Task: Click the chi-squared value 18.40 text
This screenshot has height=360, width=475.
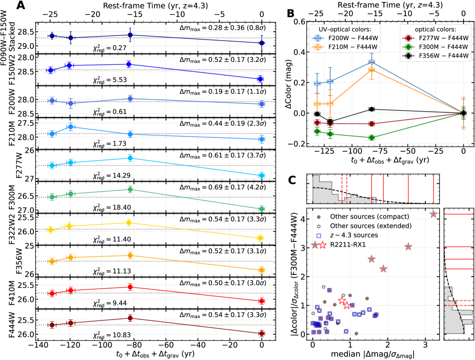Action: tap(111, 207)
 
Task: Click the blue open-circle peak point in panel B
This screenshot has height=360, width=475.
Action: tap(372, 62)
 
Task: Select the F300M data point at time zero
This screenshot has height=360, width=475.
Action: tap(261, 209)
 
